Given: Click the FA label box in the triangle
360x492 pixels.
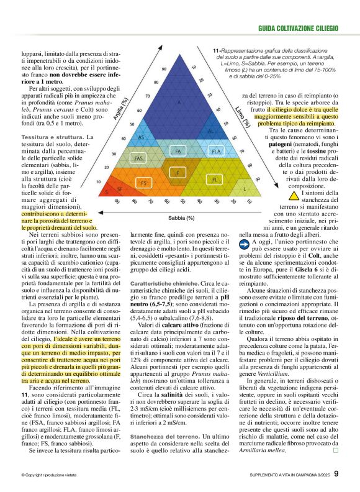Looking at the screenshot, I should point(178,151).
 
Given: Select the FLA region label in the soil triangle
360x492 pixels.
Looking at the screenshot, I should point(216,151).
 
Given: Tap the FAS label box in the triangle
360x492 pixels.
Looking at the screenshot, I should point(138,158).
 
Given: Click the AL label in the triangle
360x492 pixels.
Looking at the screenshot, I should point(211,132).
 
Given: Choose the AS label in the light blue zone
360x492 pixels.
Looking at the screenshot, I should point(142,137).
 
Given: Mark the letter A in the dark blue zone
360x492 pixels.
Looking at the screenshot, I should point(179,102).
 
